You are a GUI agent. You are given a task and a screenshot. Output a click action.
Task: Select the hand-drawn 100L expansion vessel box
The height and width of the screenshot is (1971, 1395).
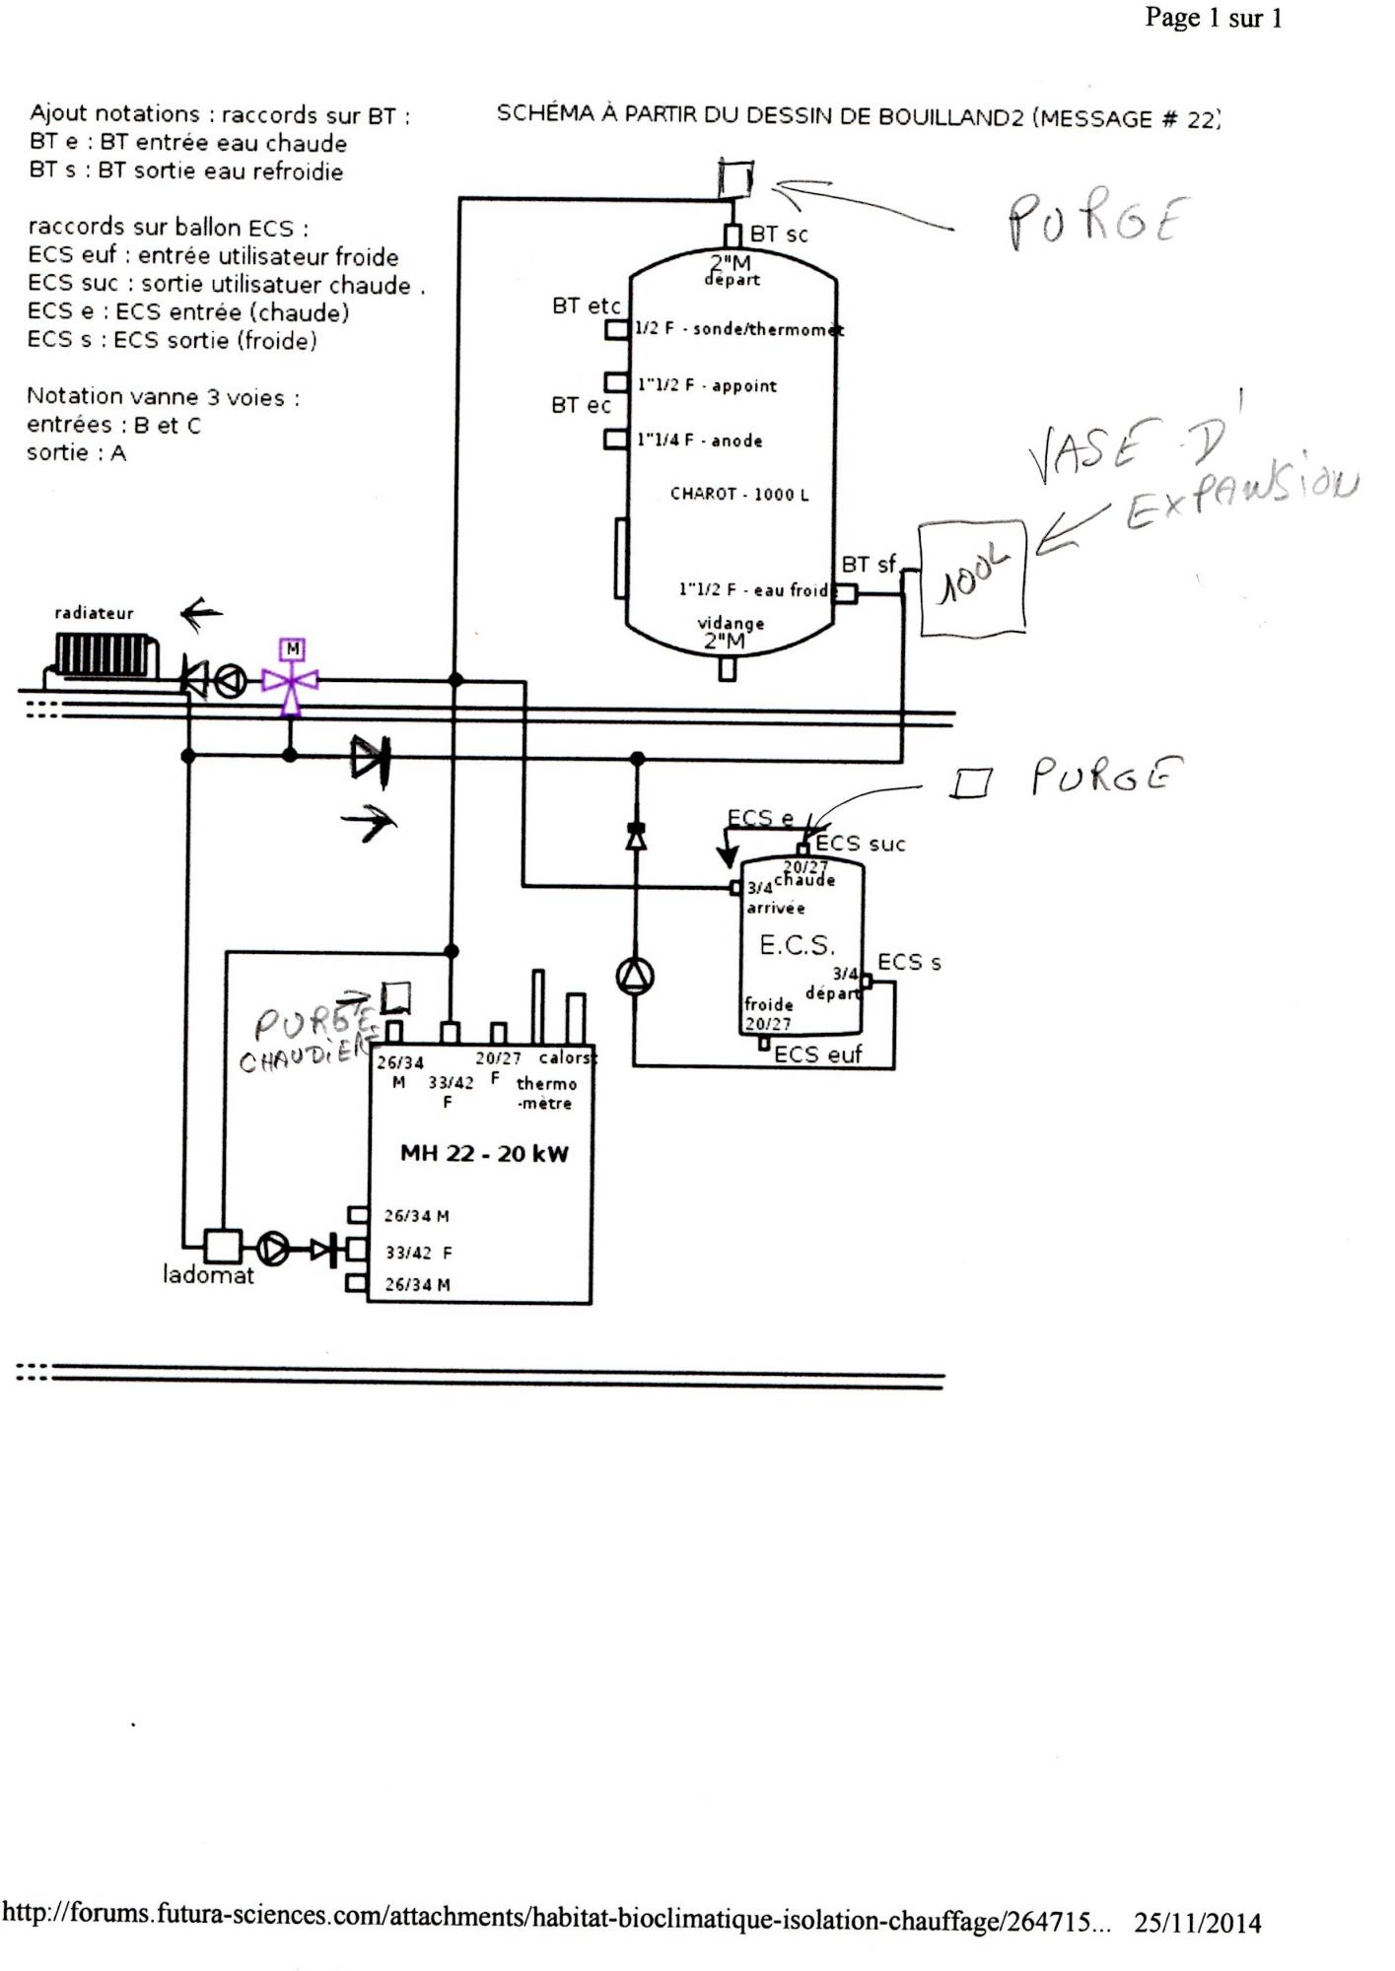[x=973, y=578]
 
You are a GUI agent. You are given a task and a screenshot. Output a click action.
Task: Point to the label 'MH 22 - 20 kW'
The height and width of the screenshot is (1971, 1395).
[x=484, y=1154]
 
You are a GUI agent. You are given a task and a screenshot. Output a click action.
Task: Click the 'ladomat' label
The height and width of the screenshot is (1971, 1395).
[x=208, y=1275]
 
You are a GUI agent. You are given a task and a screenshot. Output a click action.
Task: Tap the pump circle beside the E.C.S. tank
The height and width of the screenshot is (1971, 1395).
[x=635, y=977]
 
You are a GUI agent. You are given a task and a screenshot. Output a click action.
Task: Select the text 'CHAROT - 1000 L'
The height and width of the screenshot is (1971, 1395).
[x=739, y=494]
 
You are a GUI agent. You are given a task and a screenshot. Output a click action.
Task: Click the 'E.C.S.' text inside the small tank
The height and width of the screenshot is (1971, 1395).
[x=797, y=946]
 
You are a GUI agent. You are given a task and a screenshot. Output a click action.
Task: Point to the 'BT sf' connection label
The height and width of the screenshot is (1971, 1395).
[x=868, y=565]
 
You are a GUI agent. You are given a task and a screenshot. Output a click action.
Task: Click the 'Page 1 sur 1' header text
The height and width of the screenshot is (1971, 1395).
[x=1213, y=19]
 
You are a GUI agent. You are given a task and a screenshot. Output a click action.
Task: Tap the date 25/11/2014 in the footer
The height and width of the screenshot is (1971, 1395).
[x=1197, y=1923]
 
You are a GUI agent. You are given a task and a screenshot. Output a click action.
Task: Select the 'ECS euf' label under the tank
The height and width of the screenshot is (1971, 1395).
[x=817, y=1054]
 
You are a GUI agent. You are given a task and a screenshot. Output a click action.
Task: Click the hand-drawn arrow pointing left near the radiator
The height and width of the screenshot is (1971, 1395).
[x=202, y=615]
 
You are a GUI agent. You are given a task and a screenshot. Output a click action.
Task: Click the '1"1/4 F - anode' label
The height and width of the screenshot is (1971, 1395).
[x=700, y=441]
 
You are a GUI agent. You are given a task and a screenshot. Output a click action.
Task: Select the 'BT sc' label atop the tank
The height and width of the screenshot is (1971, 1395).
[x=779, y=235]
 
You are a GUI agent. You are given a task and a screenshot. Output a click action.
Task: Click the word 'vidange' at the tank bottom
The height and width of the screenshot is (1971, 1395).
[x=731, y=623]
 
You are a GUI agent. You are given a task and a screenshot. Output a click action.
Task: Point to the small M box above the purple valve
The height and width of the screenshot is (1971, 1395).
[x=292, y=649]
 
